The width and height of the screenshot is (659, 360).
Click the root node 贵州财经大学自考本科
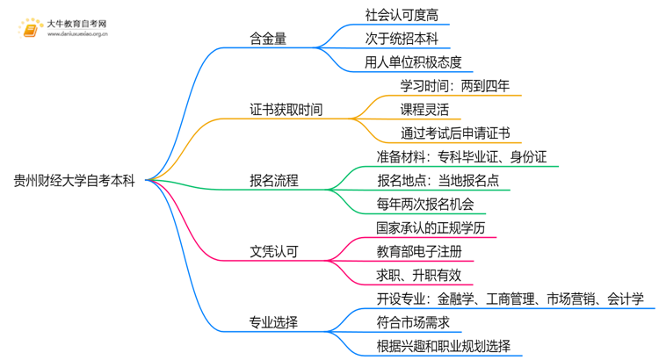point(75,181)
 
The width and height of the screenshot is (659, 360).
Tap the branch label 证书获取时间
point(286,110)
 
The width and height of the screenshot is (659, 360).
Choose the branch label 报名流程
point(273,181)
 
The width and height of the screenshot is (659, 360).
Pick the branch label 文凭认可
point(273,252)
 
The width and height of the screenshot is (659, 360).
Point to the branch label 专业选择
point(273,322)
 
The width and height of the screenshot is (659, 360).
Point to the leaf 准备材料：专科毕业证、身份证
point(462,157)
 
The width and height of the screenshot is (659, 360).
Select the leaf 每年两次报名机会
point(425,205)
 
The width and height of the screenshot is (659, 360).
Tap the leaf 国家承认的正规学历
point(431,228)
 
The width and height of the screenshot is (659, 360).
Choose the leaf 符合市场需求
point(407,322)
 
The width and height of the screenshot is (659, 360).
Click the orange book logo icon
point(32,29)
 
